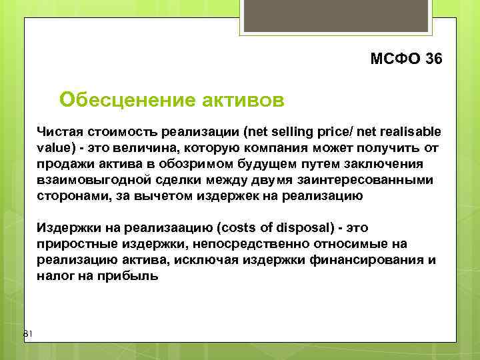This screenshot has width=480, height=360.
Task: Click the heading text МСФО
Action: (x=394, y=59)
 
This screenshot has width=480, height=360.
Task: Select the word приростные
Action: (x=74, y=244)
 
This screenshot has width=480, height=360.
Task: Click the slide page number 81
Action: (x=28, y=333)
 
